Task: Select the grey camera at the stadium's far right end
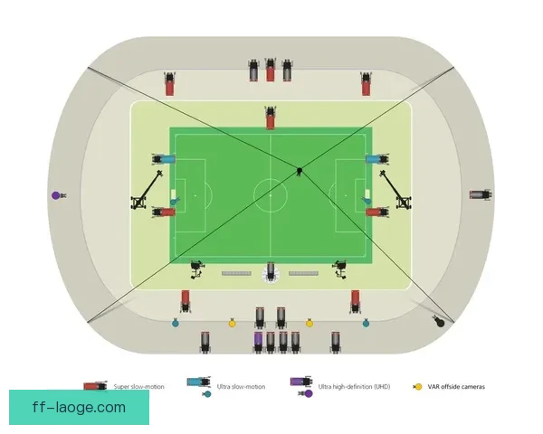point(481,194)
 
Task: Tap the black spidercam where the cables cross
point(300,171)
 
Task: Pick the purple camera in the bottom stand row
point(258,342)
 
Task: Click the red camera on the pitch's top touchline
point(271,118)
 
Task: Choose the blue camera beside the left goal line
point(164,159)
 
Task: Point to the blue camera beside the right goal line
point(377,159)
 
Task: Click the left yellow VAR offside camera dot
point(232,324)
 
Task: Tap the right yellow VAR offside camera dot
point(310,324)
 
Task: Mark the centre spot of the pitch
point(271,195)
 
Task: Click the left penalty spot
point(195,195)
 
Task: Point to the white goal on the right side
point(367,194)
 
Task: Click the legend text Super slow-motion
point(138,387)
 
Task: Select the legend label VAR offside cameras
point(456,387)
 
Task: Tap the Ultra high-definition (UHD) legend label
point(354,387)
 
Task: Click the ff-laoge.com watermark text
point(79,408)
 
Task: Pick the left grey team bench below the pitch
point(236,273)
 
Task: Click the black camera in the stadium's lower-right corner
point(439,322)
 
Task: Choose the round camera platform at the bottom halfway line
point(271,273)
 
